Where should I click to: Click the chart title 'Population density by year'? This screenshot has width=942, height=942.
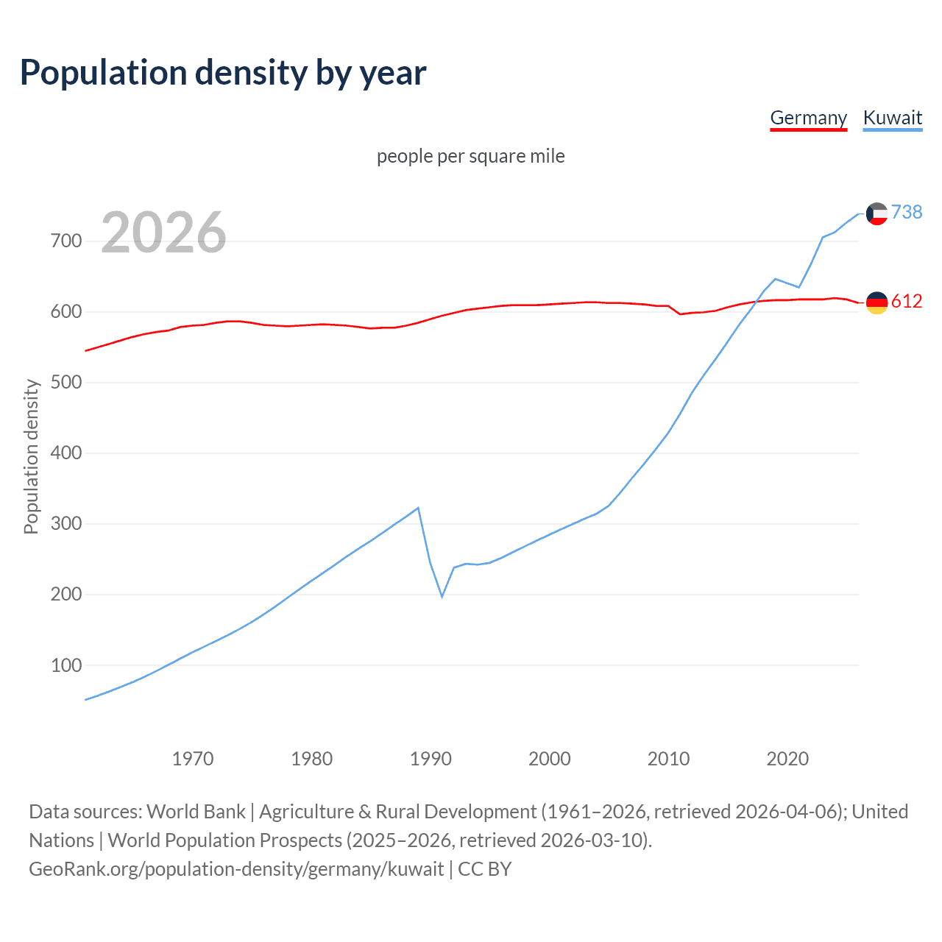(x=223, y=73)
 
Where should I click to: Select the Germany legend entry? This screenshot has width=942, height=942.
(x=808, y=118)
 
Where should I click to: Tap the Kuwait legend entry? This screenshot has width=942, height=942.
(x=892, y=118)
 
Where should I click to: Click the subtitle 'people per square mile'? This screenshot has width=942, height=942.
(x=470, y=157)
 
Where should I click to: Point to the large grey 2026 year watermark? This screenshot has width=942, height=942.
(x=163, y=233)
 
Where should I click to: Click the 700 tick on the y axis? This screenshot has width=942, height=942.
(x=65, y=241)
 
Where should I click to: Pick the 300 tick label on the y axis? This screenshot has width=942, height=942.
(x=65, y=524)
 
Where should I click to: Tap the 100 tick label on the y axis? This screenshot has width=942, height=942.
(x=65, y=665)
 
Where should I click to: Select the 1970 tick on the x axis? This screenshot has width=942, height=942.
(x=193, y=759)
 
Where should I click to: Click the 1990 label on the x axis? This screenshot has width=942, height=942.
(x=431, y=759)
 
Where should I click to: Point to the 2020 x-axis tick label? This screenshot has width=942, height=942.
(x=787, y=759)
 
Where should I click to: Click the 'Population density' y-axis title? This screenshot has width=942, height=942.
(x=31, y=456)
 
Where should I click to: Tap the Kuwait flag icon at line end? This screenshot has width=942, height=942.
(x=877, y=213)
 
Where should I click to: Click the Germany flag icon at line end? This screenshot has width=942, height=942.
(x=877, y=302)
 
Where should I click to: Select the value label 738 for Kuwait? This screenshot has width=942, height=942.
(x=907, y=213)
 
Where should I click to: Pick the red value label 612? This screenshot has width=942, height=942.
(x=907, y=302)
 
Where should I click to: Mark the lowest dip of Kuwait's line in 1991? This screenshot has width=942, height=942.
(x=442, y=596)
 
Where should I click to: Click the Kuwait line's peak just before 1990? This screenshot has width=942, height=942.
(x=418, y=508)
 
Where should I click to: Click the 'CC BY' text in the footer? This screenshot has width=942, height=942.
(x=484, y=869)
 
